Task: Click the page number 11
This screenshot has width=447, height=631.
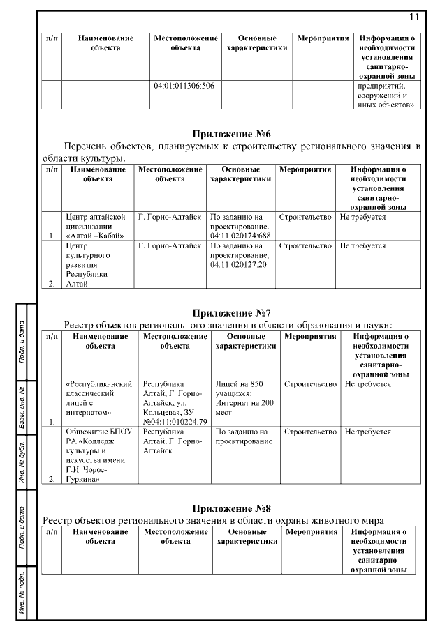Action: pyautogui.click(x=414, y=17)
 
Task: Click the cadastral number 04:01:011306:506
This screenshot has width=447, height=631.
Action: pyautogui.click(x=184, y=86)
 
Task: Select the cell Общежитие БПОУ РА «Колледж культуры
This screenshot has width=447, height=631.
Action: pyautogui.click(x=98, y=455)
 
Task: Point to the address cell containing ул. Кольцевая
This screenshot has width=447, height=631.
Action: pyautogui.click(x=175, y=402)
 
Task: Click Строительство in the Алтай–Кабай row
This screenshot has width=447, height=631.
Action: pyautogui.click(x=305, y=218)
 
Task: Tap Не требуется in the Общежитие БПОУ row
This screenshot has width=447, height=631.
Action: pyautogui.click(x=368, y=432)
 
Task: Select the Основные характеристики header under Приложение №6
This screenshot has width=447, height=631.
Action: pyautogui.click(x=240, y=174)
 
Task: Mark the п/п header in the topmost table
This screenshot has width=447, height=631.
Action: pyautogui.click(x=51, y=38)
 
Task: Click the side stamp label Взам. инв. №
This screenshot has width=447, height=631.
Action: pyautogui.click(x=22, y=406)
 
